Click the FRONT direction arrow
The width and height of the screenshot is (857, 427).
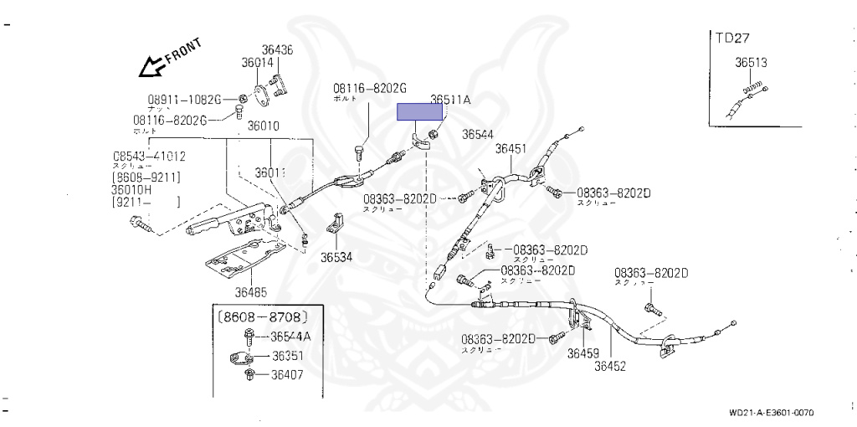pyautogui.click(x=153, y=64)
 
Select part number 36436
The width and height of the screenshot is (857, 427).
pyautogui.click(x=276, y=50)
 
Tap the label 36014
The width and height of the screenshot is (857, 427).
pyautogui.click(x=258, y=62)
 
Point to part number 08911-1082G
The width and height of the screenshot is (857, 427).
pyautogui.click(x=184, y=99)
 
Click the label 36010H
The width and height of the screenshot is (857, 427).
pyautogui.click(x=136, y=189)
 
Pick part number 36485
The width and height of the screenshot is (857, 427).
pyautogui.click(x=250, y=292)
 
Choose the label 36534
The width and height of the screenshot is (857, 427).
pyautogui.click(x=336, y=257)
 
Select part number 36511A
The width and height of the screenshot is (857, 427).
pyautogui.click(x=450, y=99)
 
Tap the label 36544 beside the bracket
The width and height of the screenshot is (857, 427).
pyautogui.click(x=478, y=133)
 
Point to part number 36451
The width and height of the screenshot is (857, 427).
pyautogui.click(x=511, y=149)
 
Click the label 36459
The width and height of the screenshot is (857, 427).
pyautogui.click(x=582, y=353)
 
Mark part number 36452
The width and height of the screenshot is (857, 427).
pyautogui.click(x=610, y=365)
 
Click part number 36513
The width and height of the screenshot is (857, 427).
pyautogui.click(x=752, y=62)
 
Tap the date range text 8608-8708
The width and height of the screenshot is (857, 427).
pyautogui.click(x=263, y=317)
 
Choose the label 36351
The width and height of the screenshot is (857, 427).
pyautogui.click(x=286, y=355)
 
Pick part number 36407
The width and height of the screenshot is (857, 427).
pyautogui.click(x=286, y=374)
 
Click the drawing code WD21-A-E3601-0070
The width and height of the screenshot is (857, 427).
pyautogui.click(x=771, y=413)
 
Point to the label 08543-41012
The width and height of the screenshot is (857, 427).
pyautogui.click(x=150, y=156)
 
